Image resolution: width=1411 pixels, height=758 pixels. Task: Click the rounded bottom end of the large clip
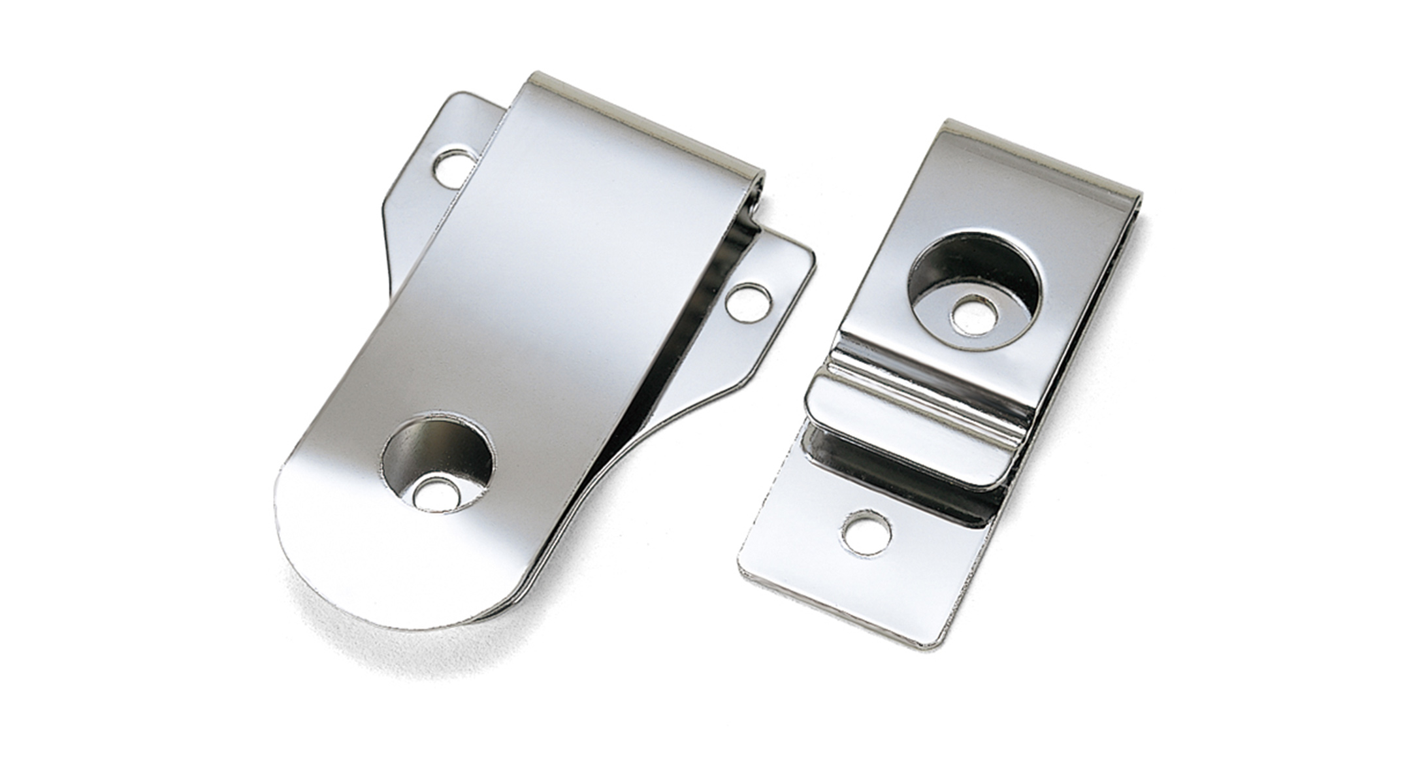point(340,575)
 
